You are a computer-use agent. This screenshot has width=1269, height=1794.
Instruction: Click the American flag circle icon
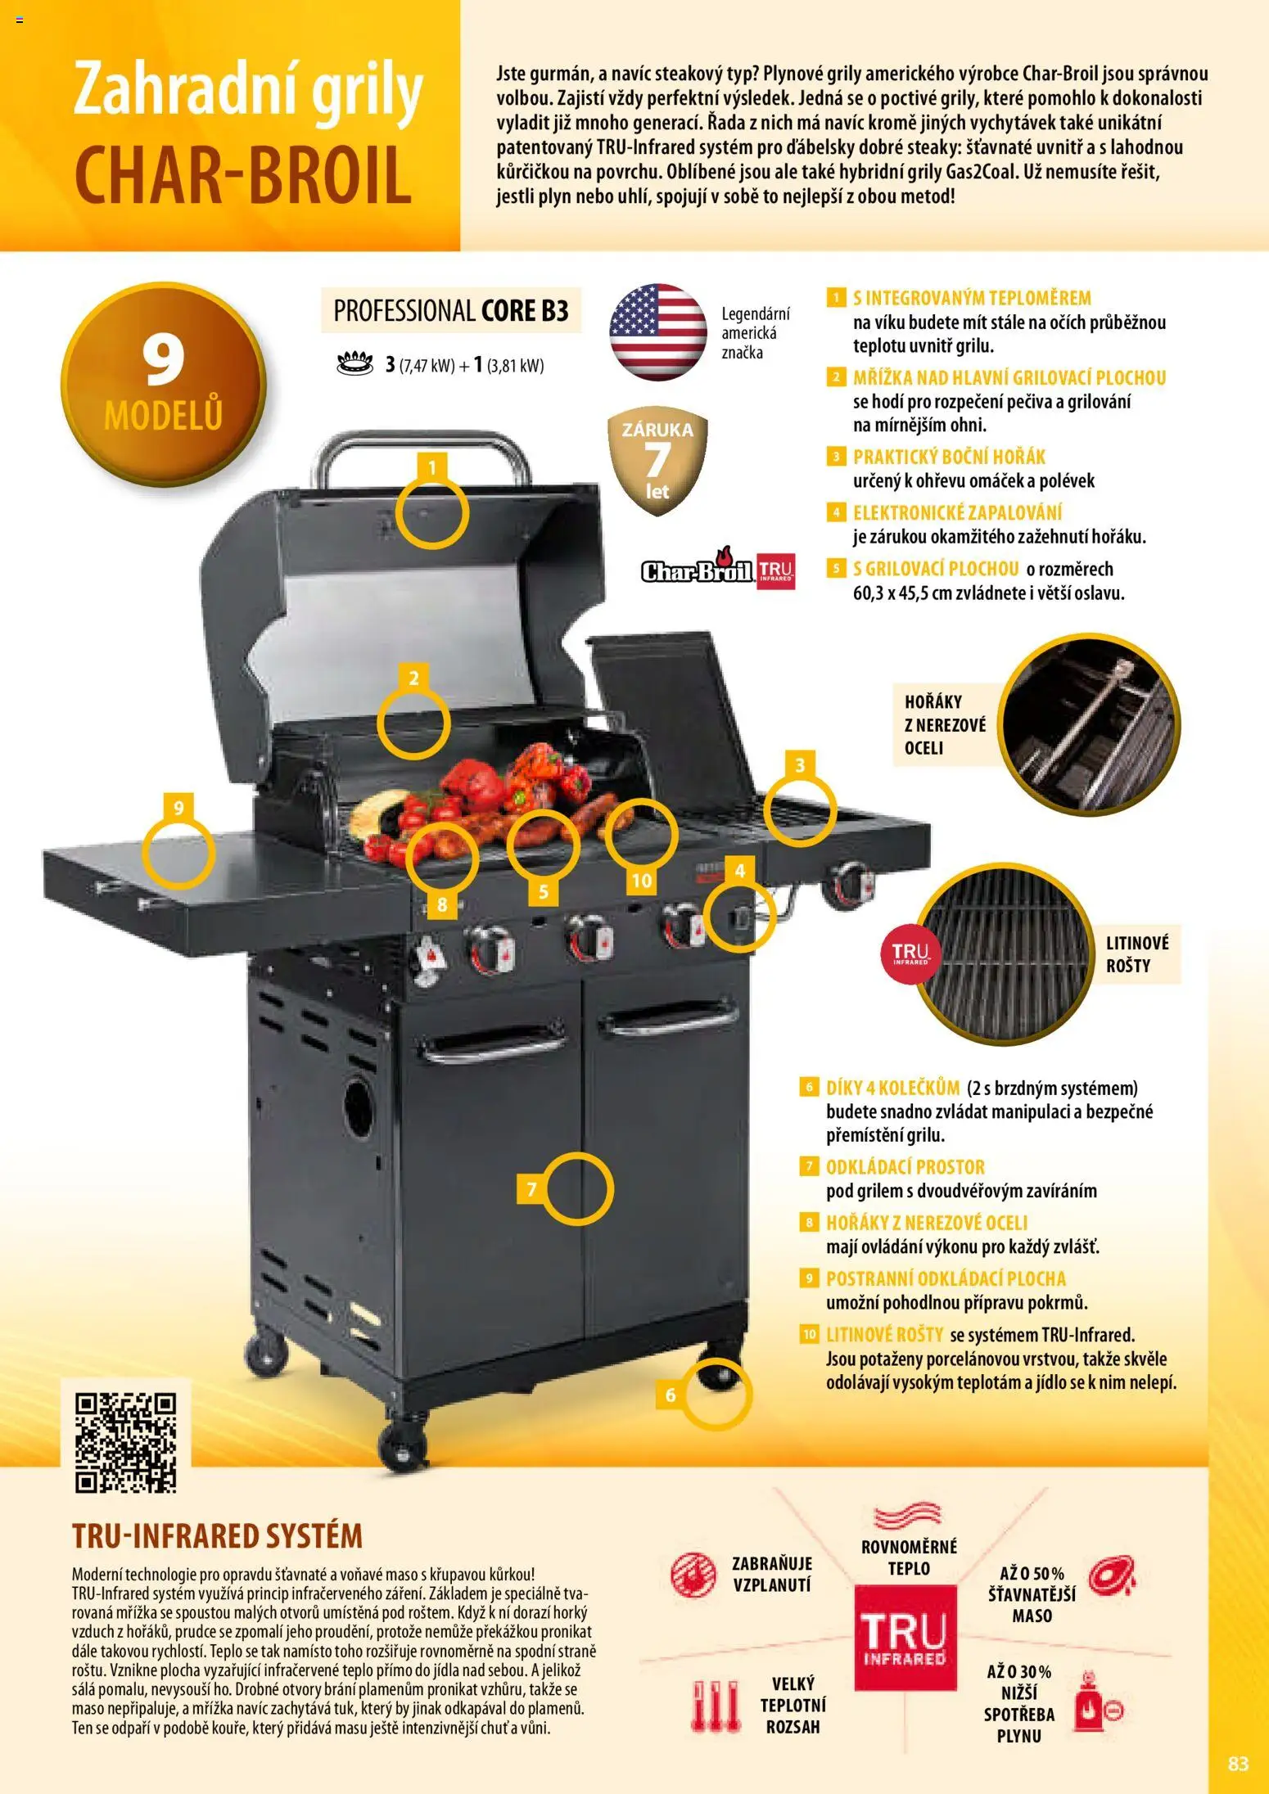[657, 331]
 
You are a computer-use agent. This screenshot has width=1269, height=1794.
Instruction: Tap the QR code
[126, 1442]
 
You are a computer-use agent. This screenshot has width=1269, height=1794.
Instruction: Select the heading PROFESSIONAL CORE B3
[451, 311]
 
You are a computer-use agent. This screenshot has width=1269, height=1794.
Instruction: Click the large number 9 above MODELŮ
[163, 362]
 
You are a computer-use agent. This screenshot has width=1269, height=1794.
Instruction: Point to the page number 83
[1238, 1763]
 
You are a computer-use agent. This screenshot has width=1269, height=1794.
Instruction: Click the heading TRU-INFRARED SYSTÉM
[217, 1536]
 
